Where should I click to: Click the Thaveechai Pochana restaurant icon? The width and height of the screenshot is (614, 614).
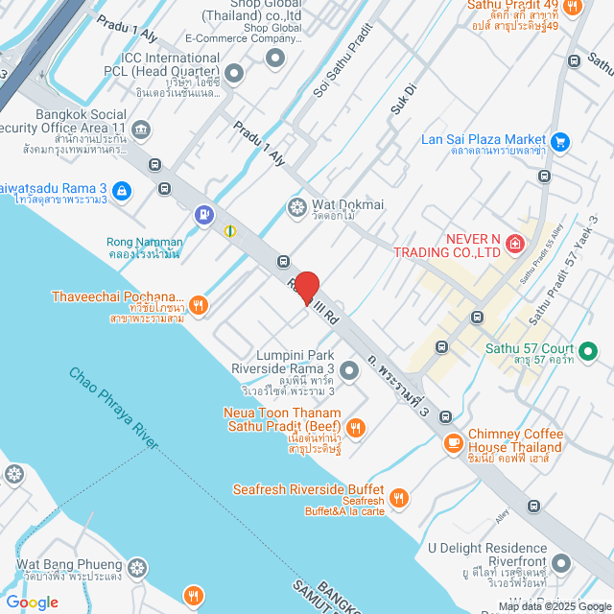[198, 306]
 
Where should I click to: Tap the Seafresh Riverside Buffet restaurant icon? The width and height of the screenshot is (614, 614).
[399, 498]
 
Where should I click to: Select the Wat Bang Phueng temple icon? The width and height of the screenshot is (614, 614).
[139, 569]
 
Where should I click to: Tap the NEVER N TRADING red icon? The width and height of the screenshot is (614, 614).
[514, 246]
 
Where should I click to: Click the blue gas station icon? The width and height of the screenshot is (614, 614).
[203, 214]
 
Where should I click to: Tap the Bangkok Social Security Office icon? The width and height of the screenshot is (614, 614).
[141, 130]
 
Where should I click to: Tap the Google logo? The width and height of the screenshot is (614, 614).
[32, 602]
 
